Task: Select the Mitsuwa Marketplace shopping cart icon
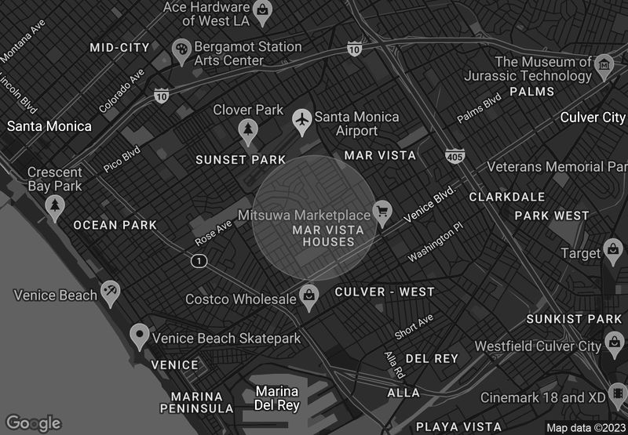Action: pos(382,212)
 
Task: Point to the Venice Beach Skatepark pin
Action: pos(140,337)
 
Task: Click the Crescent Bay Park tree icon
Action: pos(54,207)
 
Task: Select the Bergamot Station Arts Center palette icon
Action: pos(182,51)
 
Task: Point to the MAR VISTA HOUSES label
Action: pos(328,236)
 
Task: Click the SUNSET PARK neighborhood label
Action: pos(241,160)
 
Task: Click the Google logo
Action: pos(33,423)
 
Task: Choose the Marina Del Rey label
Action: pos(277,398)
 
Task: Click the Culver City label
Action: pos(593,118)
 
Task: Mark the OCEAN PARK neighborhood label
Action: pos(115,225)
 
